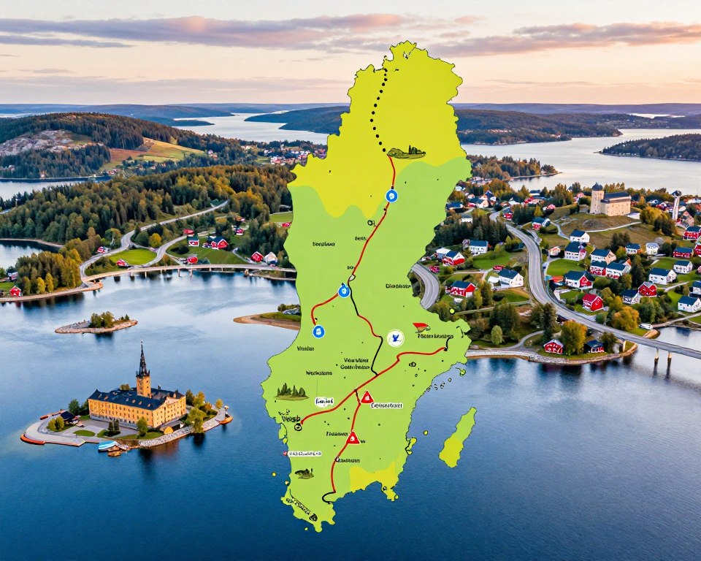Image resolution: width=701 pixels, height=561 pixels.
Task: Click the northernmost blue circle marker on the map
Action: coord(391,195)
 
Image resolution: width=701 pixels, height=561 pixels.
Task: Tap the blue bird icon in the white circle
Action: coord(395,337)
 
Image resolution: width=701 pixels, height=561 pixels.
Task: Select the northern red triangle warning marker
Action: coord(367,397)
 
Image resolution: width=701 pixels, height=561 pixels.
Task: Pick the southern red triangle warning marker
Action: coord(353,438)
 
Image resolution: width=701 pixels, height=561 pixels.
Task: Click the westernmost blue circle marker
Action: coord(318,331)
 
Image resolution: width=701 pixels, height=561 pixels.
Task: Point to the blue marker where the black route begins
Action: coord(344,291)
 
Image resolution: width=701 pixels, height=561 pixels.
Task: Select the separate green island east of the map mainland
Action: coord(458,438)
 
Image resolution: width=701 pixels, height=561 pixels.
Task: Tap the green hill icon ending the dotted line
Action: coord(406,153)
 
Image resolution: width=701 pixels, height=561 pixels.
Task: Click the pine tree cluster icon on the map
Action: coord(291,392)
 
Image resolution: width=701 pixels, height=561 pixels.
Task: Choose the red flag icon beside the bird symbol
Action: coord(421,328)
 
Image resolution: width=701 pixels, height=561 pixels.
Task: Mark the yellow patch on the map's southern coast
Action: coord(372,478)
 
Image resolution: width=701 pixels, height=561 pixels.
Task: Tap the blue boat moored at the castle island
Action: coord(107,445)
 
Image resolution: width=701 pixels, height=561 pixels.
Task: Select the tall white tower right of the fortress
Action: coord(675,205)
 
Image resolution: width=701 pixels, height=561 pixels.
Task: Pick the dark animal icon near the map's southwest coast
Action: coord(304,473)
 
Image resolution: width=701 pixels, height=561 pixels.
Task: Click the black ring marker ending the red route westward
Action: coord(298,426)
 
